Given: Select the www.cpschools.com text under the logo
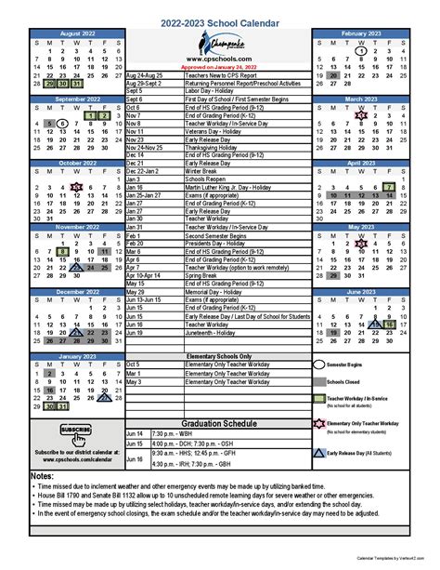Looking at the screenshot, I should coord(219,59).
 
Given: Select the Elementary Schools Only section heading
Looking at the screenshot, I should coord(219,356).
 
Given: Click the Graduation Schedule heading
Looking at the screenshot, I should coord(219,421).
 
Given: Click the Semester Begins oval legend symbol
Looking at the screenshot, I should coord(320,365).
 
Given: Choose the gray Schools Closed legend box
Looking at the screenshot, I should coord(320,381).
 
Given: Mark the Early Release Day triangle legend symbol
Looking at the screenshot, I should coord(320,453).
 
